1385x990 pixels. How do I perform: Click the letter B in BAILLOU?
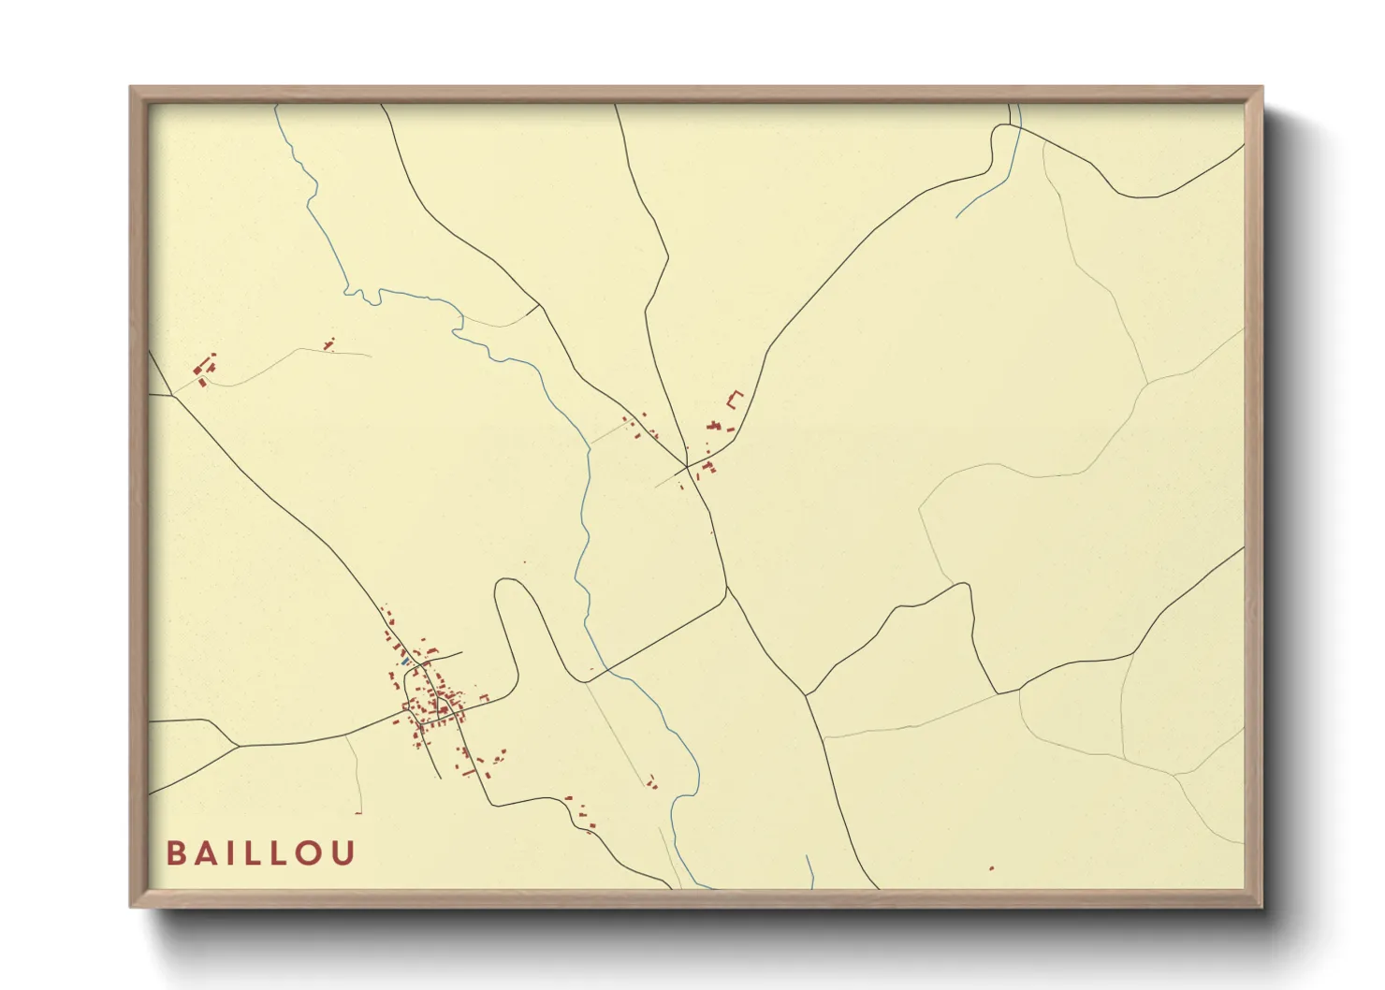pyautogui.click(x=174, y=853)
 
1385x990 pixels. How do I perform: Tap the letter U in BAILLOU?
pyautogui.click(x=344, y=853)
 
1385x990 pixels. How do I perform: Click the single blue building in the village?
pyautogui.click(x=405, y=662)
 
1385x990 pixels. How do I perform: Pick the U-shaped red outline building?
pyautogui.click(x=734, y=400)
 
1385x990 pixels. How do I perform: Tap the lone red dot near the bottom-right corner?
pyautogui.click(x=991, y=868)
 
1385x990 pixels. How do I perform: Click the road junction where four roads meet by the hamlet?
pyautogui.click(x=687, y=466)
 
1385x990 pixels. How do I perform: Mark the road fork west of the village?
pyautogui.click(x=239, y=746)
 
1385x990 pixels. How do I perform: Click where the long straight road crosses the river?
pyautogui.click(x=605, y=670)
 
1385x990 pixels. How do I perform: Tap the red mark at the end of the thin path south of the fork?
pyautogui.click(x=358, y=812)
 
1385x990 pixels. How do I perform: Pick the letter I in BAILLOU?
pyautogui.click(x=230, y=853)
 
